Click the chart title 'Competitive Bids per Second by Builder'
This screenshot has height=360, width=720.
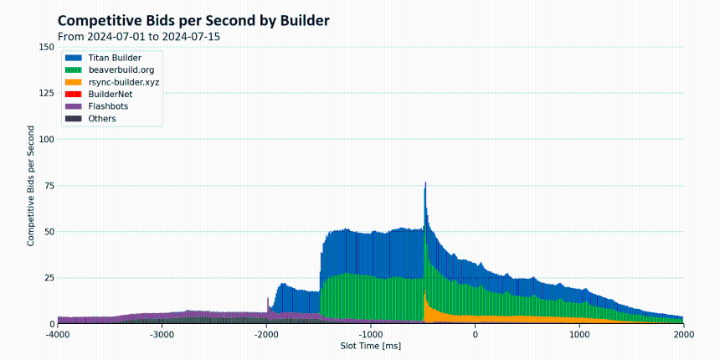(193, 21)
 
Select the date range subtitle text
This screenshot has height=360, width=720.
(139, 37)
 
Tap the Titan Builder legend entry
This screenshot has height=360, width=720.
(103, 58)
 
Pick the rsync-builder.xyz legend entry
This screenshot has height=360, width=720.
(112, 82)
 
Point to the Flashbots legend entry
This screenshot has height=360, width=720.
(96, 106)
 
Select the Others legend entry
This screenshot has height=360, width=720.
(90, 119)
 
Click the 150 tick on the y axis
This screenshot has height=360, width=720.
(47, 47)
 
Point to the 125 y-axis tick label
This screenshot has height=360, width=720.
(47, 93)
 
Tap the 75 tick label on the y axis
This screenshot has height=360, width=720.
(49, 186)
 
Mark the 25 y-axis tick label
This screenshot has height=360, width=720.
(49, 278)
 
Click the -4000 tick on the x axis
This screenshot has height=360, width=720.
(58, 333)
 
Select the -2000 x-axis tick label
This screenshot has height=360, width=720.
(267, 333)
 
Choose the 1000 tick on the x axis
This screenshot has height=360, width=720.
(580, 333)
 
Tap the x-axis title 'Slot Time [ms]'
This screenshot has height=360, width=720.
(371, 345)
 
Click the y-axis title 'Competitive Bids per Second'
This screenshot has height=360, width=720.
(31, 186)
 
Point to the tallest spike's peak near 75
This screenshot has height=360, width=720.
(425, 183)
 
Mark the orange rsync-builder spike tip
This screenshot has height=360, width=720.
(425, 290)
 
